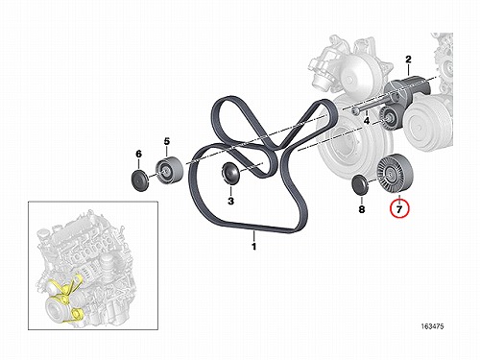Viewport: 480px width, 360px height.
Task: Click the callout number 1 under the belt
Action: coord(254,247)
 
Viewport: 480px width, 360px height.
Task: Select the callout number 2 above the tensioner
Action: coord(408,60)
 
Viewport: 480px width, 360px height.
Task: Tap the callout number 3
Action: coord(230,201)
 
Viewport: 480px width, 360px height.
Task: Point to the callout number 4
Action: coord(367,121)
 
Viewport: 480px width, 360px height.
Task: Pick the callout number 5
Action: coord(167,141)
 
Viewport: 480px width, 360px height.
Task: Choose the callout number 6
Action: coord(138,154)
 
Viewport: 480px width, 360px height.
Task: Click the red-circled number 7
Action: coord(399,209)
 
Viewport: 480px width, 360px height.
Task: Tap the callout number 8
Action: coord(361,209)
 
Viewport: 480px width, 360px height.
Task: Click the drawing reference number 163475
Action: coord(432,326)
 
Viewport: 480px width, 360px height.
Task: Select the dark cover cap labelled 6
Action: coord(139,181)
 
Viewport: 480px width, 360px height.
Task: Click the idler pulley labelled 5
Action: coord(170,171)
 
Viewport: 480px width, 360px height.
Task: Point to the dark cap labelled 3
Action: coord(230,173)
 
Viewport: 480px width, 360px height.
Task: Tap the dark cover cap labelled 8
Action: coord(360,185)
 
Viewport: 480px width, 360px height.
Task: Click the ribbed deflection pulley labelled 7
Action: coord(395,173)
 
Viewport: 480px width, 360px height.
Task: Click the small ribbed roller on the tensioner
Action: coord(389,119)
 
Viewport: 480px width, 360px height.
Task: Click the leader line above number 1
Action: coord(254,236)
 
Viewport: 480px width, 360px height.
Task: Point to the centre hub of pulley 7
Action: coord(391,173)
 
